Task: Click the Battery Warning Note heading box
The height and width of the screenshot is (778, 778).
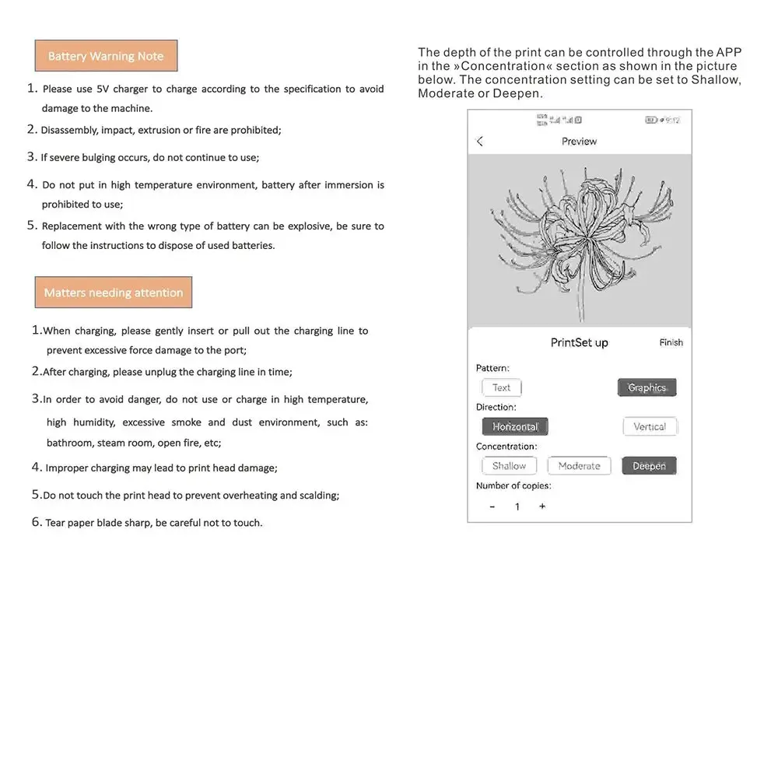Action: coord(106,56)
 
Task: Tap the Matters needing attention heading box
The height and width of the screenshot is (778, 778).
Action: coord(114,293)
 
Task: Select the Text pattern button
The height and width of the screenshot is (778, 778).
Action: coord(502,387)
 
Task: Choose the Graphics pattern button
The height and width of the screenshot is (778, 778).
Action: coord(647,387)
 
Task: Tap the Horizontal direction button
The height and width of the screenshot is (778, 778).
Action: coord(515,426)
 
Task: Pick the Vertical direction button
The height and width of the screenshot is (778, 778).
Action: coord(650,426)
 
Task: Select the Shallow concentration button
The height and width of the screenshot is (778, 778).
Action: coord(510,466)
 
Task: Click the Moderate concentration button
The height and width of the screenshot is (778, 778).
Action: coord(580,466)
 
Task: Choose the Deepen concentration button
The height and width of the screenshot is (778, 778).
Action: coord(649,466)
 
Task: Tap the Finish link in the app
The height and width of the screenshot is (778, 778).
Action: coord(671,342)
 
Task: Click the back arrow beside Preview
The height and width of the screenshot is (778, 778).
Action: coord(480,142)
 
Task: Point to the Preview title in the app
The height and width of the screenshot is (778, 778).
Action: coord(580,142)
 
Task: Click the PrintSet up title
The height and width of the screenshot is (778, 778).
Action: coord(580,342)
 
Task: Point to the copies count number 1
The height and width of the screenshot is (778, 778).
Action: coord(517,506)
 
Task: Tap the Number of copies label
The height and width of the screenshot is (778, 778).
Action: coord(513,485)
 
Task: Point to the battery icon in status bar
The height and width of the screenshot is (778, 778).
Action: coord(651,120)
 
